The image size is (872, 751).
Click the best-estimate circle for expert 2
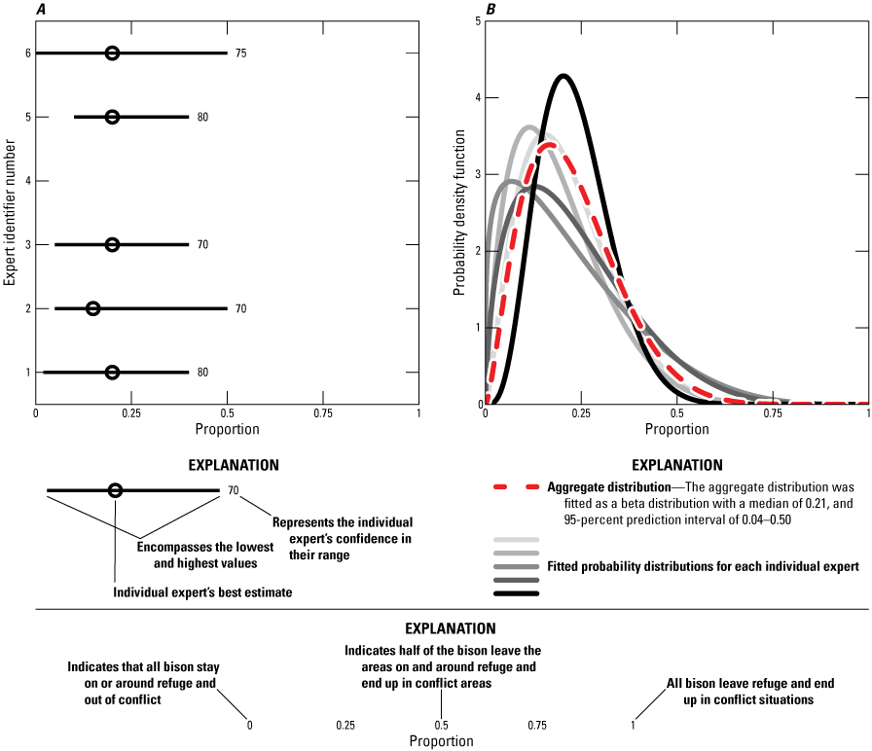93,308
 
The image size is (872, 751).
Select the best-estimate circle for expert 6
112,53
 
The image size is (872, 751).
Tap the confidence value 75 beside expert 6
240,53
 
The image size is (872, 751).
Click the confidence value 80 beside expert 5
202,117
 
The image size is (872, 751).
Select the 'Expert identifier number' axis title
10,211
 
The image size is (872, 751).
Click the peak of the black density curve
563,75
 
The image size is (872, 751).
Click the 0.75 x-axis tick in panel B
773,413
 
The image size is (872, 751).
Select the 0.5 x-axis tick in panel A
227,413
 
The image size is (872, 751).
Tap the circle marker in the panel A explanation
115,491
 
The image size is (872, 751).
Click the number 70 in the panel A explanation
233,491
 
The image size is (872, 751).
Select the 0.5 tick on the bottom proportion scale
441,725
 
